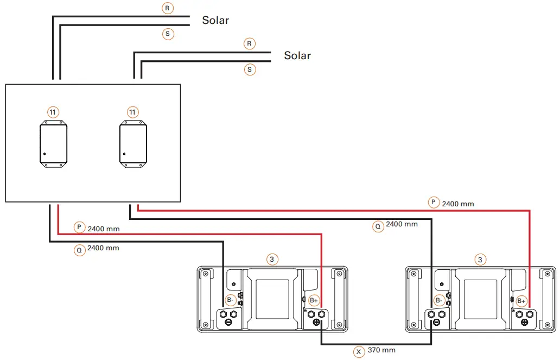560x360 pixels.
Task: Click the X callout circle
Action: [359, 351]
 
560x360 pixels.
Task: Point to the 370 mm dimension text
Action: [381, 350]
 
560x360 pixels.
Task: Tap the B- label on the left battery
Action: [230, 300]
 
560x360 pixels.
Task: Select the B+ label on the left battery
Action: [314, 300]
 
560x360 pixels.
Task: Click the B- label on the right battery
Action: [439, 300]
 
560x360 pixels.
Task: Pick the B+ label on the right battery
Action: [521, 300]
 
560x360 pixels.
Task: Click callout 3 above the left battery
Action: [272, 260]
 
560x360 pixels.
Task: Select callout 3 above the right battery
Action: [480, 260]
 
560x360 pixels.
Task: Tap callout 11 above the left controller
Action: [53, 112]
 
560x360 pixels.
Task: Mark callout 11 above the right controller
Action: [132, 112]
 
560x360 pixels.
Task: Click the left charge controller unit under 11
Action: [53, 144]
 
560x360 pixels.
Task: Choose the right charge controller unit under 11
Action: [133, 144]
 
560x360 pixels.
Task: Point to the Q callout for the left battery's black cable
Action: [79, 250]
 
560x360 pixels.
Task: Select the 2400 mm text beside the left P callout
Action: [103, 229]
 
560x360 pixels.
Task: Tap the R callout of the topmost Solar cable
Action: [168, 8]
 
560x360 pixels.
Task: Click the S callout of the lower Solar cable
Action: [250, 70]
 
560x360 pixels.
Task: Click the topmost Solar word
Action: [215, 21]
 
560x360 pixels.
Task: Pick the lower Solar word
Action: [297, 55]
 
